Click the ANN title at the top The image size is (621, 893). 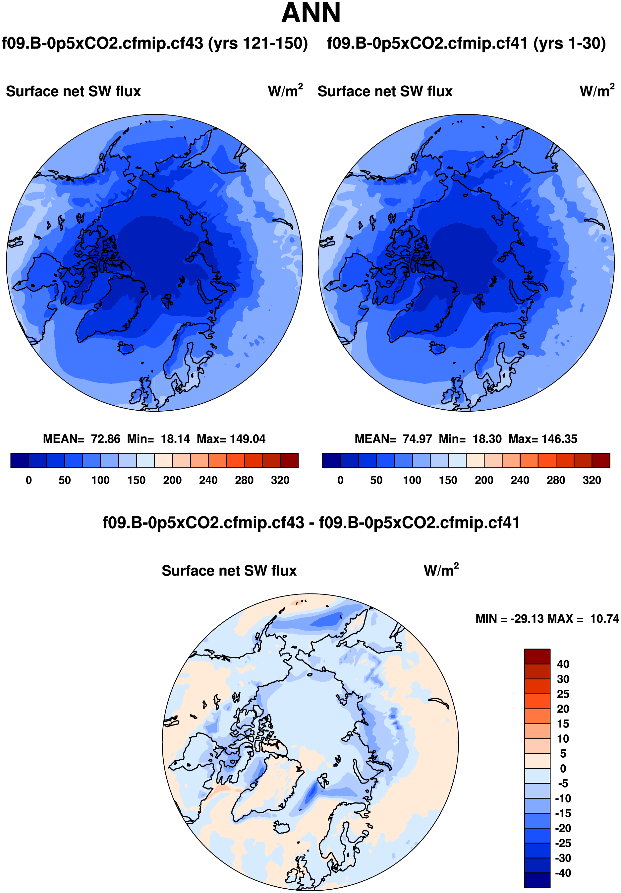coord(310,13)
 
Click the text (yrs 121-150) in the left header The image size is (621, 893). coord(258,43)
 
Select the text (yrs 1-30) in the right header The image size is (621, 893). coord(569,43)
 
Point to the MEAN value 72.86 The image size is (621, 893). coord(105,439)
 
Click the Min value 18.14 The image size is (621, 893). coord(175,439)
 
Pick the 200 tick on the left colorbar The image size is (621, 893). coord(172,480)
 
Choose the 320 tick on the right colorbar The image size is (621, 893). coord(592,480)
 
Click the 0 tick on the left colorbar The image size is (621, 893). coord(29,480)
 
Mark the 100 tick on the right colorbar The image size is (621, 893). coord(412,480)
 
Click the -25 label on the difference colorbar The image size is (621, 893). coord(563,843)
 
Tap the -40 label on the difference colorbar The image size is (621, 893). coord(563,873)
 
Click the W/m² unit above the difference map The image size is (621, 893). coord(441,571)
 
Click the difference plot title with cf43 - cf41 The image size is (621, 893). coord(310,522)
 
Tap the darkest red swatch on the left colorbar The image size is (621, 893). coord(289,460)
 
